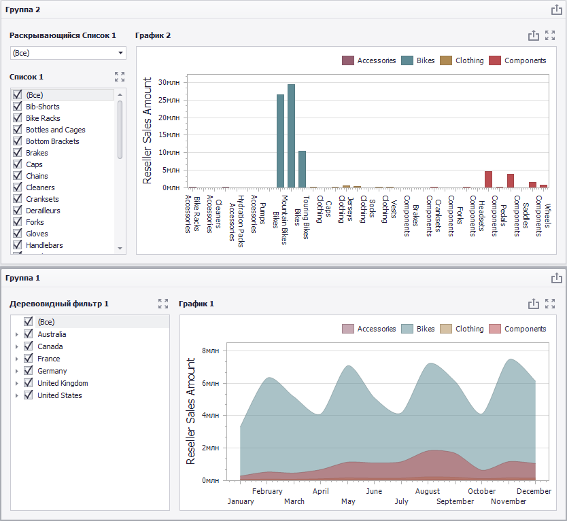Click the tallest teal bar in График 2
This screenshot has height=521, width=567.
[x=291, y=136]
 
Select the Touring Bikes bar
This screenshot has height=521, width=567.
[x=303, y=169]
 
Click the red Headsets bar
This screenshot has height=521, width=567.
[x=489, y=179]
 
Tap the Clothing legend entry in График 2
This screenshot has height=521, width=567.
[x=462, y=60]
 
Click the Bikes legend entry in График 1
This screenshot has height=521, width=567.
[x=417, y=329]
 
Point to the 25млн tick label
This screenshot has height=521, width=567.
[x=169, y=100]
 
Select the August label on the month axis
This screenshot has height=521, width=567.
[x=428, y=491]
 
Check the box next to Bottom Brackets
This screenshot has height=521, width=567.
[x=18, y=141]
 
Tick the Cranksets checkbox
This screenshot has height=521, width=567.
[x=18, y=199]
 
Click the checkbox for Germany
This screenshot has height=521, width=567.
[x=28, y=371]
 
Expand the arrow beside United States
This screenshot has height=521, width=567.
[x=16, y=395]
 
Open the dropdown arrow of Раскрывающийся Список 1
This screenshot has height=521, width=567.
[x=121, y=53]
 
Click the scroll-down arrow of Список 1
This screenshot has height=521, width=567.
[x=120, y=249]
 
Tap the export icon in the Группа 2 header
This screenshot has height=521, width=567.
[x=557, y=10]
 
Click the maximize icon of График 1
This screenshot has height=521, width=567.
[x=550, y=304]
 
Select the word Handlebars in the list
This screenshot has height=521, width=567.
[x=44, y=245]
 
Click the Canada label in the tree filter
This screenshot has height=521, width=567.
[x=50, y=346]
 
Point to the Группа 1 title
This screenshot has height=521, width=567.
[x=22, y=278]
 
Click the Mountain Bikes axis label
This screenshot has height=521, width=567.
[x=285, y=219]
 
